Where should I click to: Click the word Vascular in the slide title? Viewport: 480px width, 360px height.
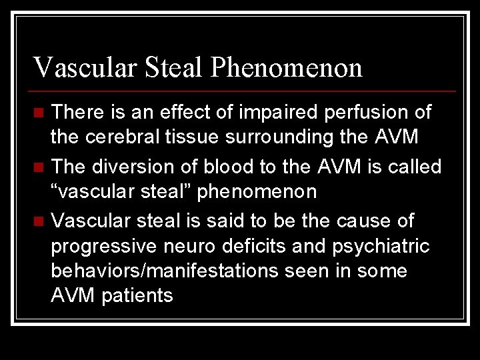point(75,67)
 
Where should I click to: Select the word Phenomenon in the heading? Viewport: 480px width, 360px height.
point(287,67)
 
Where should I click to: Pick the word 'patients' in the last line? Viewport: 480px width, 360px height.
point(137,296)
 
